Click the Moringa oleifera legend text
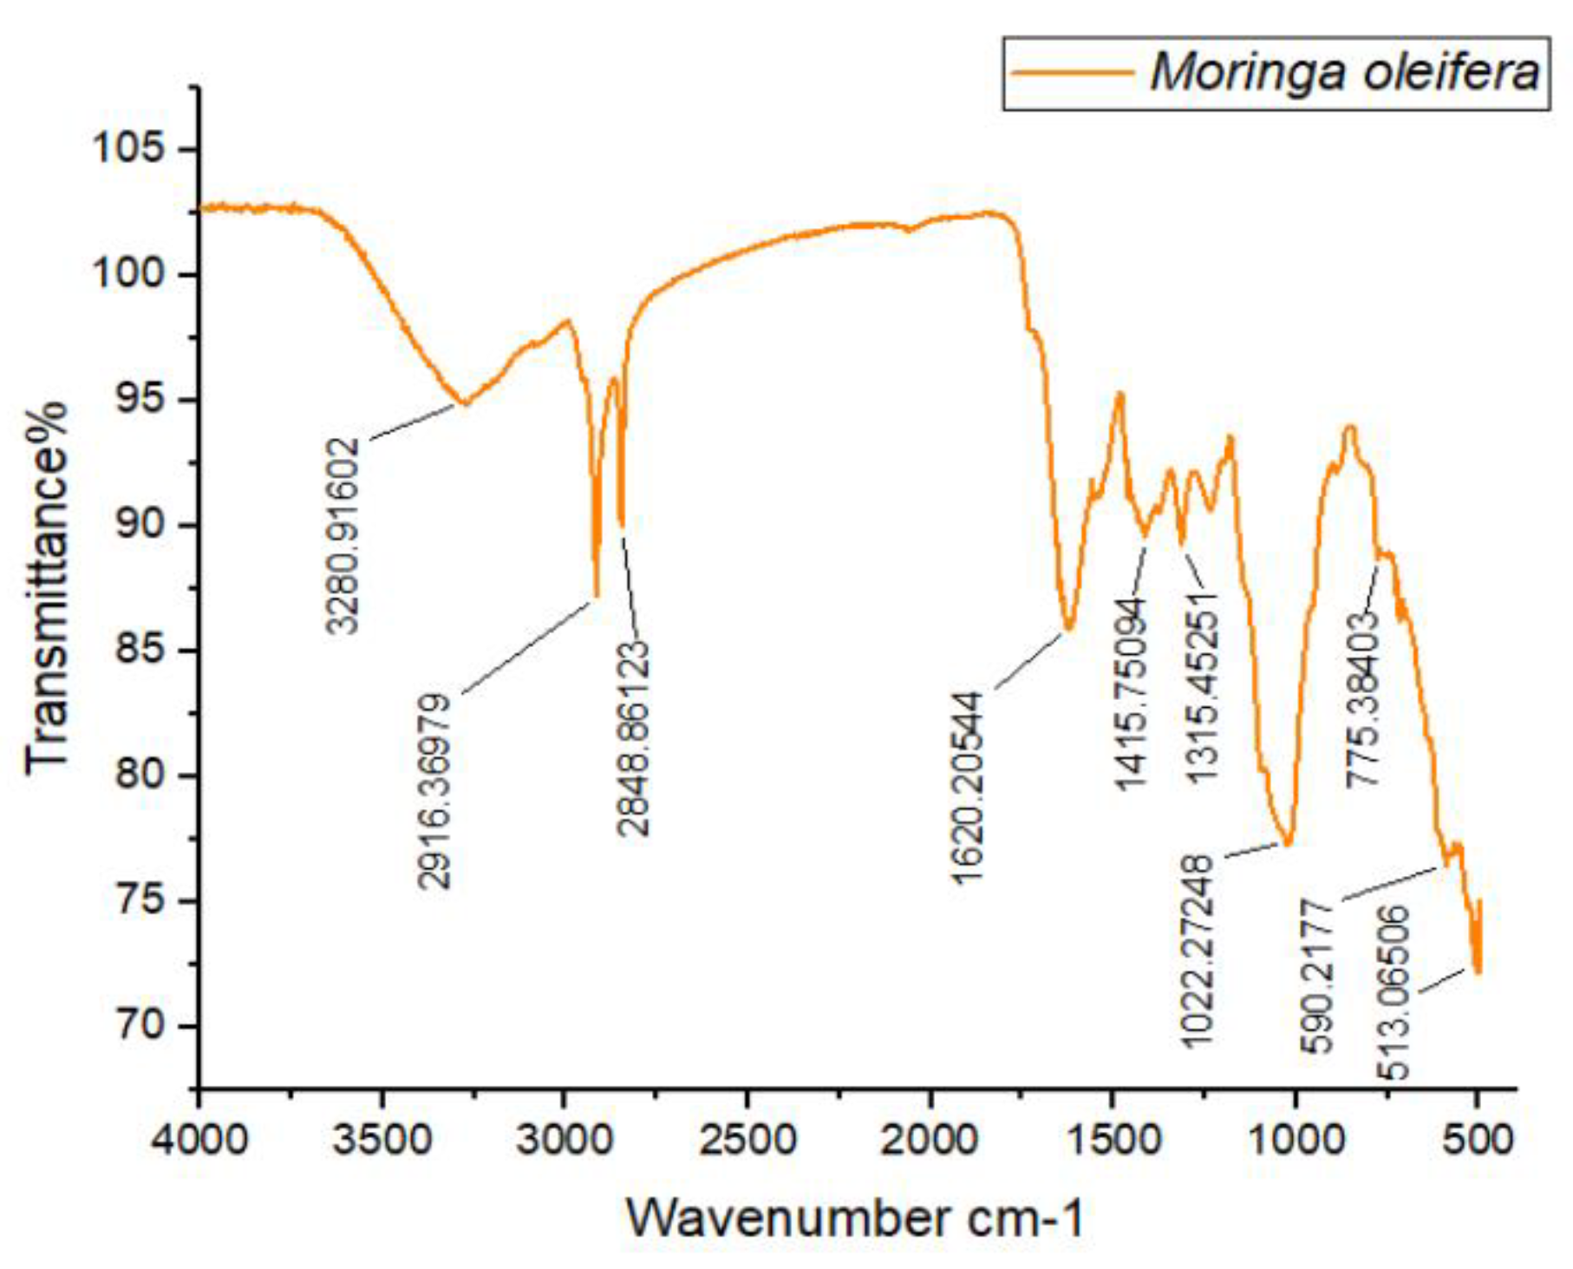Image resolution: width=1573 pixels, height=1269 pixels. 1343,72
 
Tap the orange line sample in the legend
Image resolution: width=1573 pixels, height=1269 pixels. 1073,72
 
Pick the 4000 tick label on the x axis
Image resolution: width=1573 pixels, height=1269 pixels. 199,1138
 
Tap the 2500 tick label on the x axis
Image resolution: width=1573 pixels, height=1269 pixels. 747,1138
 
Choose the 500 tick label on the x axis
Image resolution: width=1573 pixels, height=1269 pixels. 1478,1138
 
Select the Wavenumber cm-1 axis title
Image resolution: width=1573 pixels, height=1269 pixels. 855,1218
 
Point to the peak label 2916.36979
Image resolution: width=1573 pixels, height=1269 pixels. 434,790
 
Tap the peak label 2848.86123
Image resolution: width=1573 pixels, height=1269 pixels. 633,738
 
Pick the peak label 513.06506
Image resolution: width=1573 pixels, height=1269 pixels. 1394,992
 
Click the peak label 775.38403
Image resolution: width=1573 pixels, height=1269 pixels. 1362,699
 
